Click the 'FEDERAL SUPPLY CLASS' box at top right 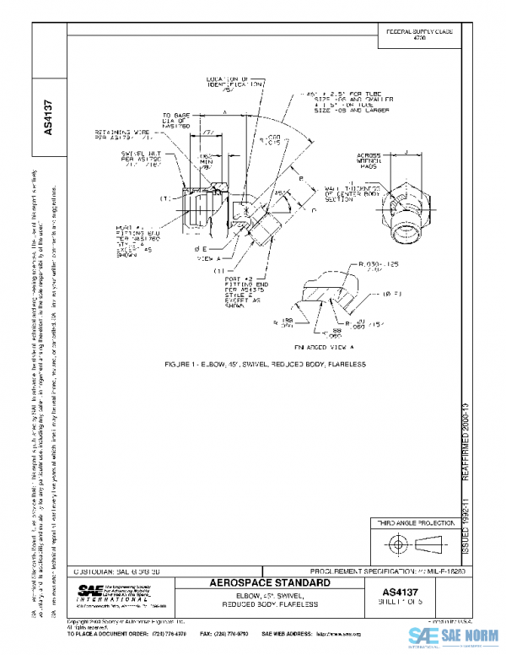[x=419, y=34]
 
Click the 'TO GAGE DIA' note [x=182, y=121]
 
